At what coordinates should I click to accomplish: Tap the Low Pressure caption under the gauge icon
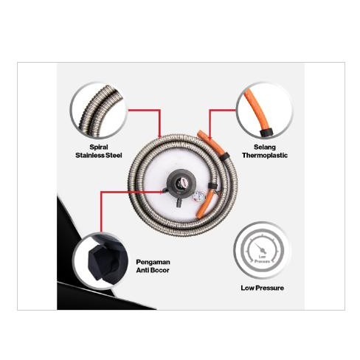(262, 288)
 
